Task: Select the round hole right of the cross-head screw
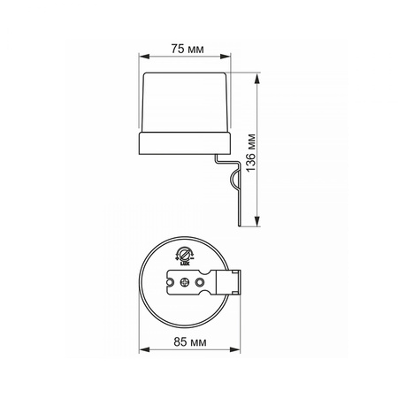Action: click(x=202, y=282)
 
